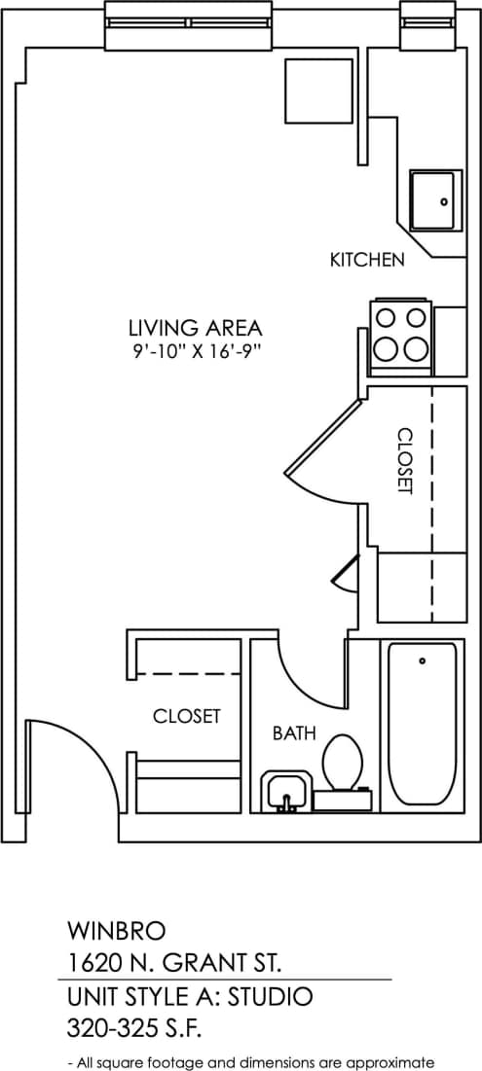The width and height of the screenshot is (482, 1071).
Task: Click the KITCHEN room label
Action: [366, 260]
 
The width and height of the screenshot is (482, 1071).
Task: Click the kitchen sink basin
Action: [432, 200]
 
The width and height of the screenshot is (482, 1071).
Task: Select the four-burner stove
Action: [401, 333]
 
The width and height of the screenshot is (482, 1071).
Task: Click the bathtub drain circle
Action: [423, 660]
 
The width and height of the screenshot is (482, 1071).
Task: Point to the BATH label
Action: [293, 733]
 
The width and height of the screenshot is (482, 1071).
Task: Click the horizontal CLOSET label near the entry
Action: [186, 716]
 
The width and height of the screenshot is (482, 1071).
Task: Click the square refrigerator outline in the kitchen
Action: [318, 91]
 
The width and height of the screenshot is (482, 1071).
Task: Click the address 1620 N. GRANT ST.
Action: [174, 964]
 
